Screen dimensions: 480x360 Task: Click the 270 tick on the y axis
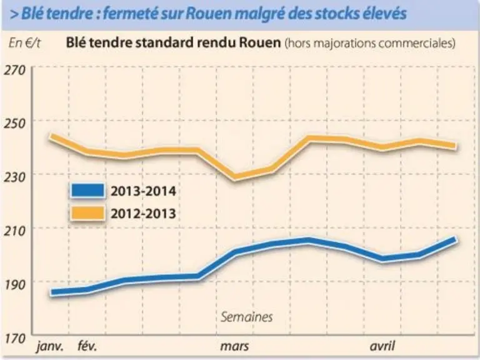point(15,70)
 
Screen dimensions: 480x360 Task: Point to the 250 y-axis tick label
point(15,124)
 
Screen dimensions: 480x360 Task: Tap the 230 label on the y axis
point(15,177)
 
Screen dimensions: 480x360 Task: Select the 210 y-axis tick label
point(15,231)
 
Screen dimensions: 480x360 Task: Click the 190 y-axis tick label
point(15,285)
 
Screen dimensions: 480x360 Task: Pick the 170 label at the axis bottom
point(15,339)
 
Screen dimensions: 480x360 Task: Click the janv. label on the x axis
point(51,347)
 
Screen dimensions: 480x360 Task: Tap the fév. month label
point(87,346)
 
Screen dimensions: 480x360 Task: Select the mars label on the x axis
point(234,346)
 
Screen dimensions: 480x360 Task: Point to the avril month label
point(382,346)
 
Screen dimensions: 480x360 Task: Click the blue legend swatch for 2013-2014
point(87,191)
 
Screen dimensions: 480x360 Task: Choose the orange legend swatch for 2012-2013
point(87,213)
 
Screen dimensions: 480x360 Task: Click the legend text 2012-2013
point(143,214)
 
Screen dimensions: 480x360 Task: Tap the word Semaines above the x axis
point(247,317)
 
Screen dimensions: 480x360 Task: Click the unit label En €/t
point(24,43)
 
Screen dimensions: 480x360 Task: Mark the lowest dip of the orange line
point(235,177)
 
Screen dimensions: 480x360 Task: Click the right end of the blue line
point(456,239)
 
